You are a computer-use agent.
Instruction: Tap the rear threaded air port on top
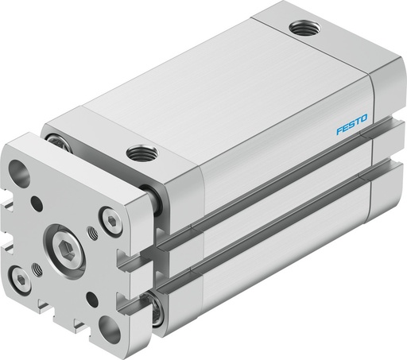coord(300,29)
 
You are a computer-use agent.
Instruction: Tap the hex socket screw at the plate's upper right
coord(109,220)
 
